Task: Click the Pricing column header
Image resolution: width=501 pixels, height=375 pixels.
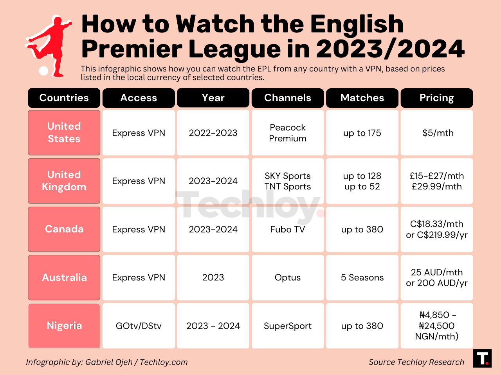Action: tap(437, 98)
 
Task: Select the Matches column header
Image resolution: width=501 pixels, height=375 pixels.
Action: tap(362, 98)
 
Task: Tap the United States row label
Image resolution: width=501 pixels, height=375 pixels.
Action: tap(64, 133)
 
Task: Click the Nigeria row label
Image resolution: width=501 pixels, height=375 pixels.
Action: tap(64, 326)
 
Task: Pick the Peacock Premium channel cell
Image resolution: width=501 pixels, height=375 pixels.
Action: tap(288, 133)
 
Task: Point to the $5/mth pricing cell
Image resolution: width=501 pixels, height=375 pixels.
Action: tap(437, 133)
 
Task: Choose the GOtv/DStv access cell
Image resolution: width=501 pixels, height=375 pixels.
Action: tap(139, 326)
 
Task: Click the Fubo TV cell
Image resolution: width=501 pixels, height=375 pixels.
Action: tap(288, 229)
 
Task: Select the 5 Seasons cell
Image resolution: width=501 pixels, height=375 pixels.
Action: tap(362, 277)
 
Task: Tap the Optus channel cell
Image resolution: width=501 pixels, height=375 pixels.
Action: tap(288, 277)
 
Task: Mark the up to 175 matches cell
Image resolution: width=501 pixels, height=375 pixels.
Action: tap(362, 133)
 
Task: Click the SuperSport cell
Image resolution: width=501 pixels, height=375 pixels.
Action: tap(288, 326)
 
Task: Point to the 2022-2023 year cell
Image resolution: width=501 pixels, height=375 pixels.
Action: tap(213, 133)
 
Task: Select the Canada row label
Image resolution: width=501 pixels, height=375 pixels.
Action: tap(64, 229)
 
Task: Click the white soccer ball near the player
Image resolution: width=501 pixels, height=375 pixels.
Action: tap(44, 71)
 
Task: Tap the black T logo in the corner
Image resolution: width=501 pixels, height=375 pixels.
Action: tap(482, 358)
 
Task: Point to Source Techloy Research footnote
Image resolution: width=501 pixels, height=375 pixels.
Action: tap(416, 362)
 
